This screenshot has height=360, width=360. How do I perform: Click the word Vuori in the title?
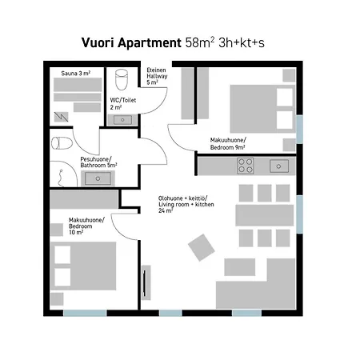(x=98, y=42)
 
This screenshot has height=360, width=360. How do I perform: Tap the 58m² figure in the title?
(x=200, y=42)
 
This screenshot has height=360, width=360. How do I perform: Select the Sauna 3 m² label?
(x=76, y=74)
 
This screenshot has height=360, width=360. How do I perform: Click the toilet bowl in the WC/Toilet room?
(x=122, y=79)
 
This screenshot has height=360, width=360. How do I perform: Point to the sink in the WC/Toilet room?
(x=122, y=120)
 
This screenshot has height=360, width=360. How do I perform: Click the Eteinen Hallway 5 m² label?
(x=157, y=76)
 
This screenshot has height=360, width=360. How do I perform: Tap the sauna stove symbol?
(x=61, y=117)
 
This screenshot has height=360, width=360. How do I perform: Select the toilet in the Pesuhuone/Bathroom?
(x=62, y=143)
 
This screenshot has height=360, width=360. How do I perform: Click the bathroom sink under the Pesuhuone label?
(x=98, y=178)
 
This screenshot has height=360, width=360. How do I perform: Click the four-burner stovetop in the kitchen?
(x=246, y=166)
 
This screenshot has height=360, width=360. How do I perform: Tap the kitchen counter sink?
(x=279, y=166)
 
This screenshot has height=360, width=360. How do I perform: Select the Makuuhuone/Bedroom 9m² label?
(x=228, y=144)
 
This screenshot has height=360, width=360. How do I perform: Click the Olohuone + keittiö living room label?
(x=186, y=204)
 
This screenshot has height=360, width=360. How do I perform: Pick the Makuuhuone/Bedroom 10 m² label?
(x=86, y=226)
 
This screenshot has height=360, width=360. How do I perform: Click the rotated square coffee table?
(x=202, y=247)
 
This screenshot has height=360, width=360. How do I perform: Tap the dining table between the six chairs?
(x=265, y=215)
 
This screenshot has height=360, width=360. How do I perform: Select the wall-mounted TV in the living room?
(x=145, y=282)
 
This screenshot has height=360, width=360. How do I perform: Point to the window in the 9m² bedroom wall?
(x=299, y=130)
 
